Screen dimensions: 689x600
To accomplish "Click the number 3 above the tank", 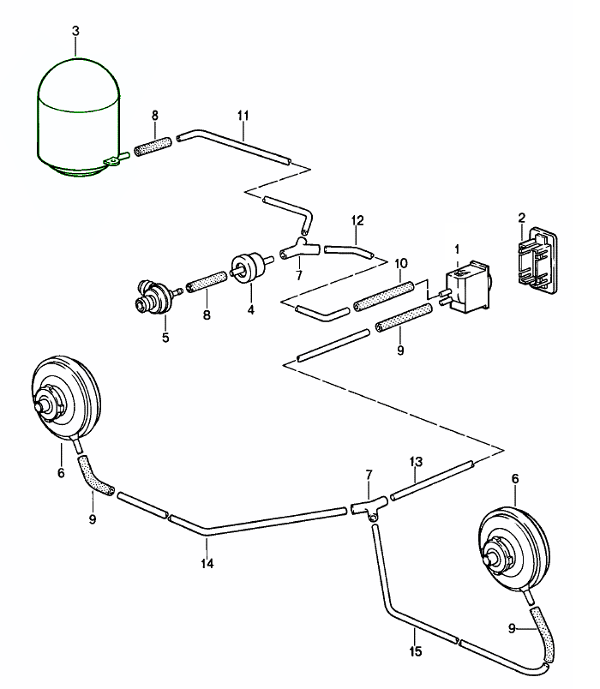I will pyautogui.click(x=75, y=31).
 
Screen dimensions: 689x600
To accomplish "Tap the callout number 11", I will pyautogui.click(x=243, y=114).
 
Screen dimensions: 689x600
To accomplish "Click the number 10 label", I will pyautogui.click(x=399, y=262).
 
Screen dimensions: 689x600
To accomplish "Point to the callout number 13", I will pyautogui.click(x=415, y=461).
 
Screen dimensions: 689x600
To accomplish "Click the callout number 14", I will pyautogui.click(x=207, y=563).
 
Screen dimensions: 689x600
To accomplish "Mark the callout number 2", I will pyautogui.click(x=520, y=216).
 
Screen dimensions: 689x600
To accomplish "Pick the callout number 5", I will pyautogui.click(x=165, y=337).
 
